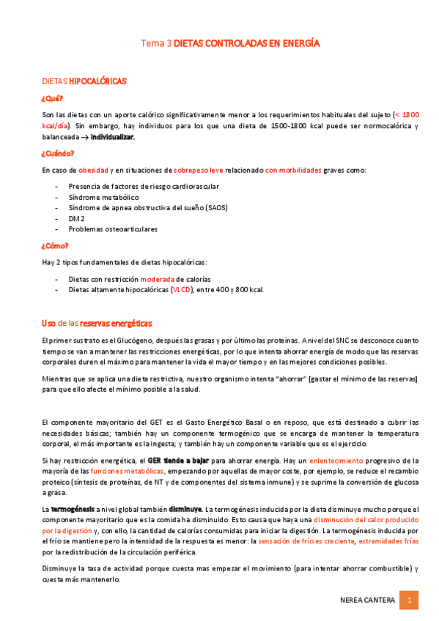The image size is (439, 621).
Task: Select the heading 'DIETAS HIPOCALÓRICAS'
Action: coord(84,81)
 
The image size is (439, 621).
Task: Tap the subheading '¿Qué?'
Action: coord(52,98)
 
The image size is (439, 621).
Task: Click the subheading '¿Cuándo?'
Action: coord(58,154)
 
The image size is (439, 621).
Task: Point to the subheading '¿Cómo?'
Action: coord(55,246)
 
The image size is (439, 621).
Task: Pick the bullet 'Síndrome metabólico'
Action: coord(103,198)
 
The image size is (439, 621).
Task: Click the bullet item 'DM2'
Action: coord(76,218)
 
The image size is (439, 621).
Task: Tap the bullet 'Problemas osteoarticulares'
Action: coord(113,229)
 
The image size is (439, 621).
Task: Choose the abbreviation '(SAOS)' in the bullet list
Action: coord(215,208)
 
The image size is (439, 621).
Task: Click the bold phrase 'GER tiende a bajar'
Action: coord(179,460)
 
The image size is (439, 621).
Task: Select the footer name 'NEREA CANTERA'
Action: coord(367,600)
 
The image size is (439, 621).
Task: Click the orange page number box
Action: coord(409,600)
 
